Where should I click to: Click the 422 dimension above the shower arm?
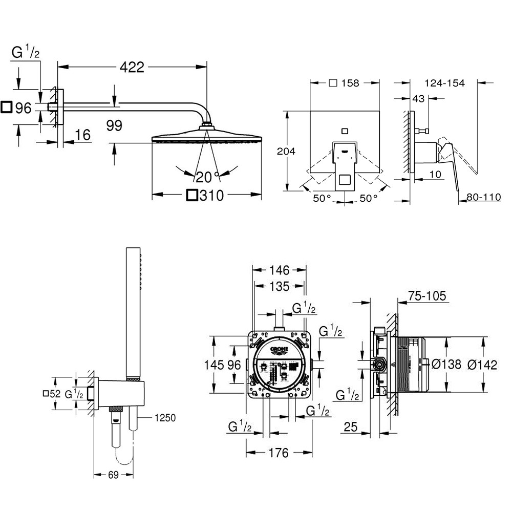(x=132, y=67)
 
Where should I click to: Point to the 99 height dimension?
(x=114, y=125)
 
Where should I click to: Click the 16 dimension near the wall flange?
(x=82, y=135)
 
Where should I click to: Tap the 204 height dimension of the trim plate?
(x=286, y=151)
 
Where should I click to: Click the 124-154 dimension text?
(x=444, y=83)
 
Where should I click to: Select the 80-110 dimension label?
(x=484, y=197)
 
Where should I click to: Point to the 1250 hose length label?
(x=165, y=418)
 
